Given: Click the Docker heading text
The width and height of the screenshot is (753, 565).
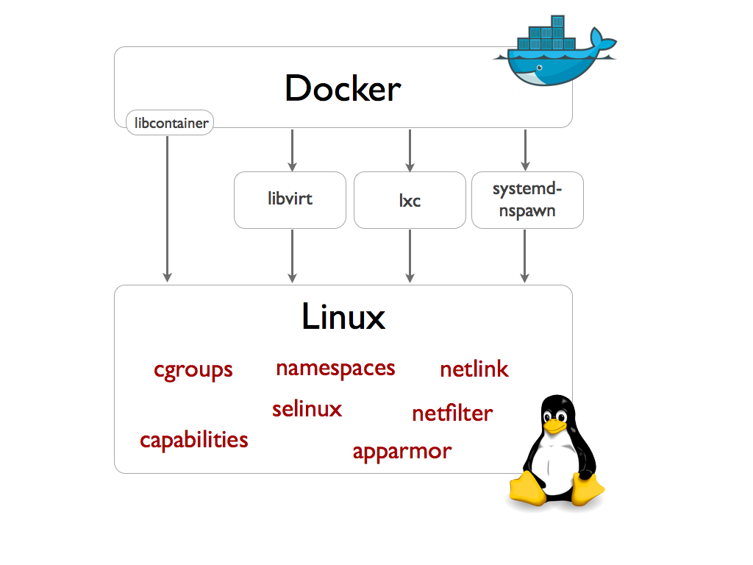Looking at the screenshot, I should coord(343,89).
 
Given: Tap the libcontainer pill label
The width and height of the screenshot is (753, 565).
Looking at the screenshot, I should coord(170,123).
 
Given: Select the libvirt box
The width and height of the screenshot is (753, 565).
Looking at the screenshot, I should coord(290,199).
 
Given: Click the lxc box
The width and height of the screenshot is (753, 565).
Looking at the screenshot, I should coord(410,200).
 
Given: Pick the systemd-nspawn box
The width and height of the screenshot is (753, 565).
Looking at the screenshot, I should coord(527,199).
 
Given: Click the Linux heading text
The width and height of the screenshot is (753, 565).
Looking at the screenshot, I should coord(343,317).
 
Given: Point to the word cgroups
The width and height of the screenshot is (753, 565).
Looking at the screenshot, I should coord(193,369).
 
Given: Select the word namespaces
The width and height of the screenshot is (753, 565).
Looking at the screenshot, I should coord(335,368).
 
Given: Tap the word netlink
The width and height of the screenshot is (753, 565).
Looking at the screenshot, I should coord(474,369).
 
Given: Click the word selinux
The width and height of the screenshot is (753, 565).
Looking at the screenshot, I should coord(307,409).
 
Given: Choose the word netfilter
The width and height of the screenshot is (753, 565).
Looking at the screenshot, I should coord(452,413).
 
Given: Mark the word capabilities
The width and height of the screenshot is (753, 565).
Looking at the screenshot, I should coord(194,440).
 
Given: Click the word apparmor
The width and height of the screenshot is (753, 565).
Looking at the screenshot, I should coord(402,451).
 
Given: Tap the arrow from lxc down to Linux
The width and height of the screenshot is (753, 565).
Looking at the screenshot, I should coord(410,255).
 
